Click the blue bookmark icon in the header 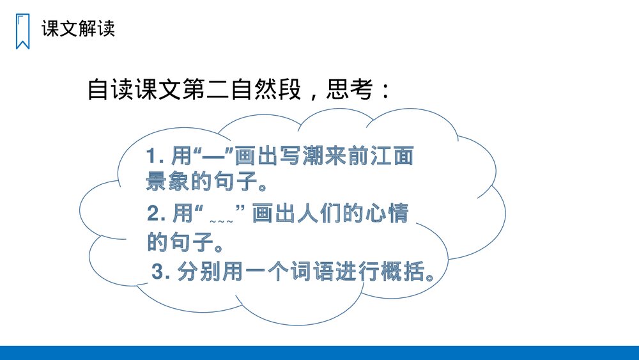(x=22, y=31)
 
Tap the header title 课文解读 (x=78, y=29)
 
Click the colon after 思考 (x=385, y=91)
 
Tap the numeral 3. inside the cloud (x=161, y=274)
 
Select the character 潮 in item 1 (x=310, y=157)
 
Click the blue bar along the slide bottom (x=319, y=353)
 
